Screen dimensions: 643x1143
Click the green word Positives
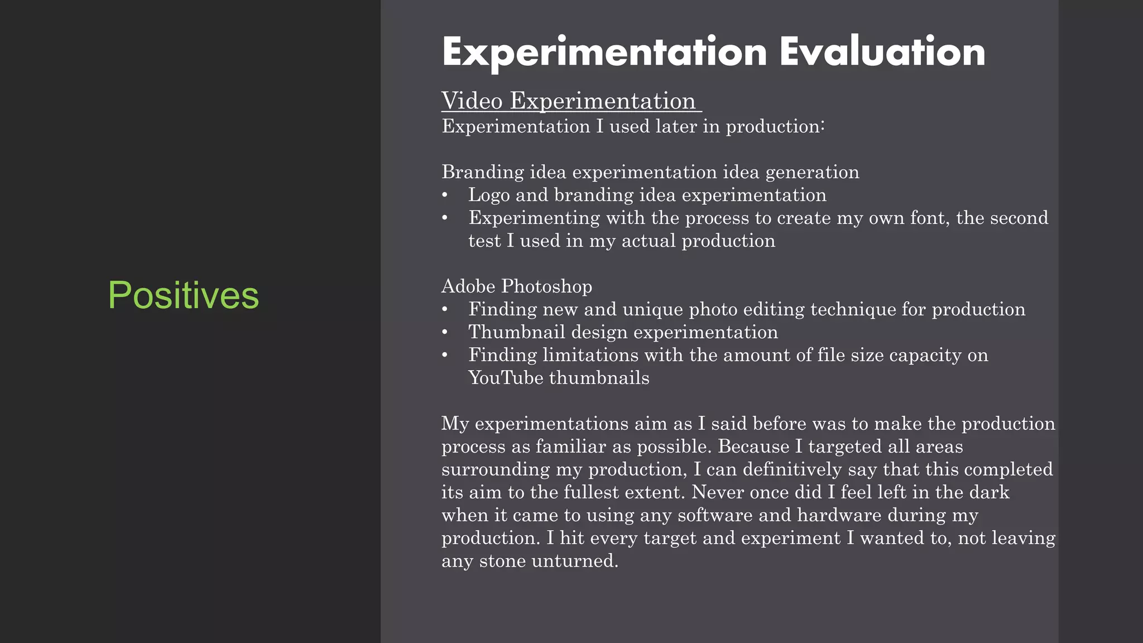tap(183, 295)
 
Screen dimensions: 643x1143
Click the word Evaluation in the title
tap(882, 52)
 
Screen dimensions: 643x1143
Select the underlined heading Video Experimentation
tap(569, 101)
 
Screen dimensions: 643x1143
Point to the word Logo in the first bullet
tap(489, 195)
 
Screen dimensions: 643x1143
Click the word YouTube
tap(506, 378)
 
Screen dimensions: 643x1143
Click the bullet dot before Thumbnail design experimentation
tap(445, 333)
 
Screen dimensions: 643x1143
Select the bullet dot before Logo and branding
tap(445, 195)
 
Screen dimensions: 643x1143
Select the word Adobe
tap(468, 286)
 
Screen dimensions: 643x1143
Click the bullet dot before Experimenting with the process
tap(445, 218)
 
